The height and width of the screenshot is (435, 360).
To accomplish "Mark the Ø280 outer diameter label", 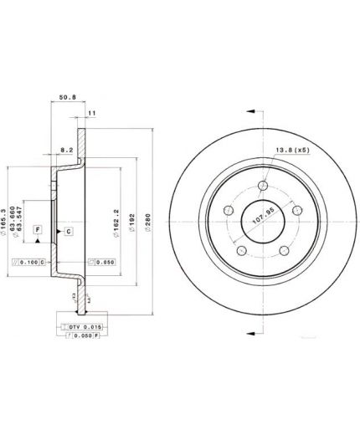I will [147, 219].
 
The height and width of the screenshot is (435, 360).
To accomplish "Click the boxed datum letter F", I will [37, 229].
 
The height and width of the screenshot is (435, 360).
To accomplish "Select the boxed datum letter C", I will [68, 230].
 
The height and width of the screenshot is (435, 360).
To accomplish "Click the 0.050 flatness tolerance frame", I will [100, 263].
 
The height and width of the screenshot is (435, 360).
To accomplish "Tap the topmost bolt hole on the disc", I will [264, 185].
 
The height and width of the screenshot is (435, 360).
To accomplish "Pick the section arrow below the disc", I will [254, 334].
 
